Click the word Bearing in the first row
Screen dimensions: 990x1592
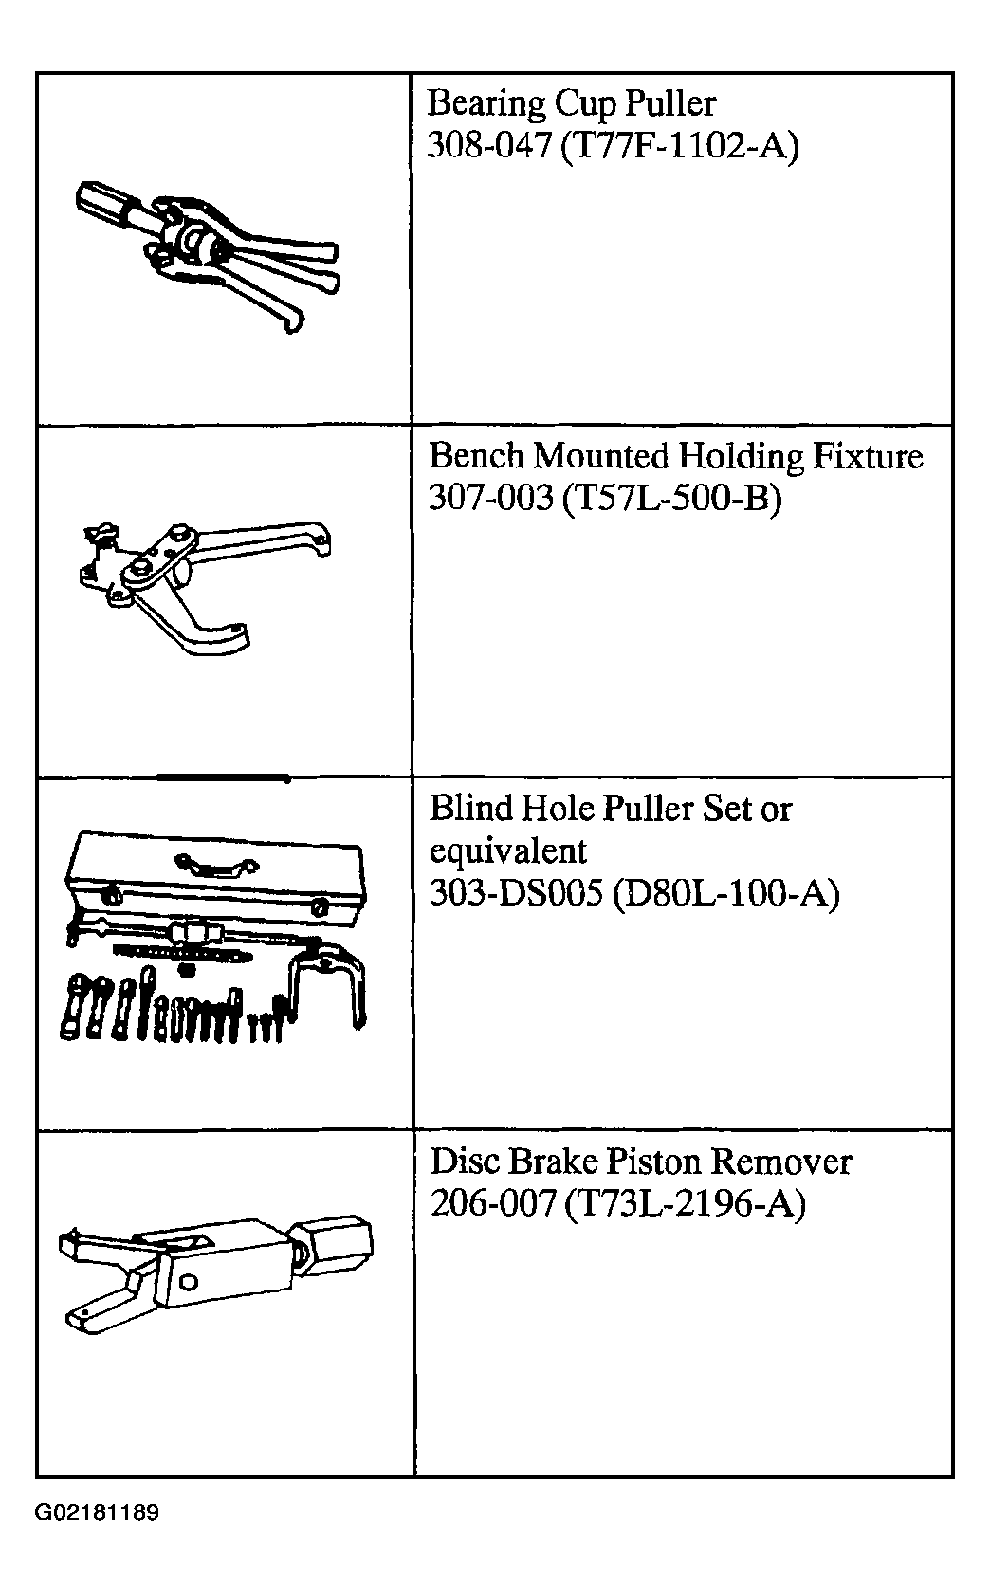pos(486,104)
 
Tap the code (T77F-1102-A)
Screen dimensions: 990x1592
pos(680,147)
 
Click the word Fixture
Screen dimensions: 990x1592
pos(867,455)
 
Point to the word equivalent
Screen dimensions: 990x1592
pos(508,851)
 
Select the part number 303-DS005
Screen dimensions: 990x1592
pos(516,893)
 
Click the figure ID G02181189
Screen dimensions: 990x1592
pos(97,1511)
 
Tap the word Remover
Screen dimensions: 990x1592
pos(781,1162)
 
